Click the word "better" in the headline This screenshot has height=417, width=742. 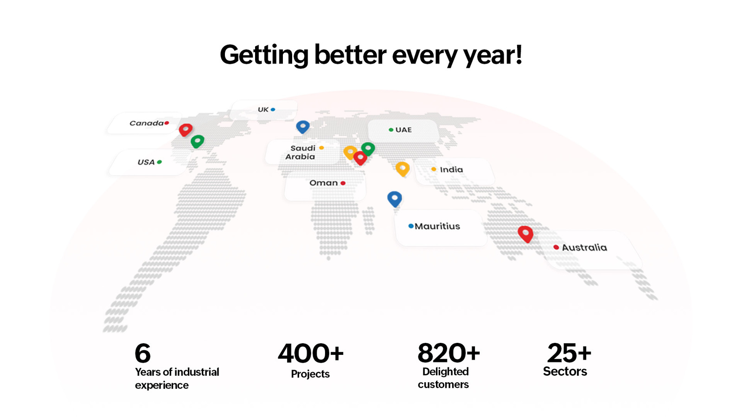coord(350,55)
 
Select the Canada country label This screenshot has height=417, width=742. coord(147,123)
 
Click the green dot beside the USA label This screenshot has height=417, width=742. coord(160,162)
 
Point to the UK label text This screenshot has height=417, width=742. coord(263,109)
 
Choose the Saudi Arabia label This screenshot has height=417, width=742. coord(301,152)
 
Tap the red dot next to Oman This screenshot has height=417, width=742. coord(343,183)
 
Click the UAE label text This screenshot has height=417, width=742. coord(403,130)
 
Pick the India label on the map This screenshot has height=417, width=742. coord(451,170)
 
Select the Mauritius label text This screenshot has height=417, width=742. coord(437,227)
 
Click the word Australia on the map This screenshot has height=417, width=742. coord(584,247)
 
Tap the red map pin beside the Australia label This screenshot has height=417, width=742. coord(525,234)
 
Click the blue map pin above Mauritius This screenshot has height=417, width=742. coord(395,199)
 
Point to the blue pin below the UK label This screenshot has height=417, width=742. coord(303,127)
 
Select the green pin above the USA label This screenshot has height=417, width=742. coord(198,141)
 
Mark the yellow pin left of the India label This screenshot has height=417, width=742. coord(403,169)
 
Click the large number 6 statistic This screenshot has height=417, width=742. coord(143,353)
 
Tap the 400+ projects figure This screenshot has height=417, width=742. coord(311,353)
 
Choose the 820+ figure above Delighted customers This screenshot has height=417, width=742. coord(448,353)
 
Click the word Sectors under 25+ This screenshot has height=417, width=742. coord(565,371)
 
